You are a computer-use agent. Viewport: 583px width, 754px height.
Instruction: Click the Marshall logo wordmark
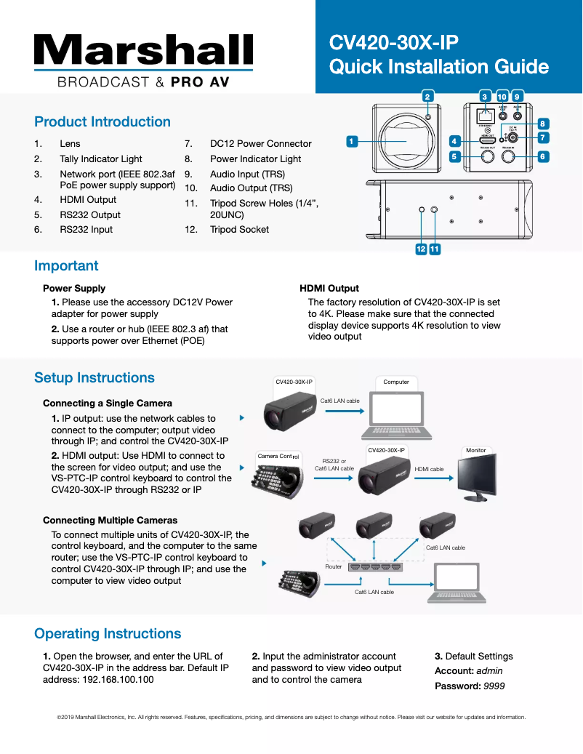pyautogui.click(x=143, y=49)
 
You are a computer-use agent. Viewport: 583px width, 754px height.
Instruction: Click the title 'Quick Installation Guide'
pyautogui.click(x=438, y=67)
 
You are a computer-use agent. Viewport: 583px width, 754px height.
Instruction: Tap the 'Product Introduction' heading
pyautogui.click(x=102, y=121)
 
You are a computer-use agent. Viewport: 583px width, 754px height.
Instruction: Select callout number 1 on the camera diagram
pyautogui.click(x=352, y=141)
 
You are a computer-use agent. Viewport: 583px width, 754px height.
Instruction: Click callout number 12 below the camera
pyautogui.click(x=421, y=249)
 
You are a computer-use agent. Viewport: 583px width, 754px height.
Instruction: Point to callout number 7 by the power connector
pyautogui.click(x=543, y=137)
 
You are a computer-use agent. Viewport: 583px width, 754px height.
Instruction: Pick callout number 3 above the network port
pyautogui.click(x=484, y=96)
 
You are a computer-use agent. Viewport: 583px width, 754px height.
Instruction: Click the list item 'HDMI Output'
pyautogui.click(x=88, y=199)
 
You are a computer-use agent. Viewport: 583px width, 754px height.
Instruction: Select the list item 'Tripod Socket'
pyautogui.click(x=239, y=229)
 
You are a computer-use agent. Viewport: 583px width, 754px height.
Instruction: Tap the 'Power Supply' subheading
pyautogui.click(x=74, y=288)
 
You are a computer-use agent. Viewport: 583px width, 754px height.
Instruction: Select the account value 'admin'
pyautogui.click(x=489, y=670)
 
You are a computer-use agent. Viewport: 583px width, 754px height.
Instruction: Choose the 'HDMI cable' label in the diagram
pyautogui.click(x=429, y=469)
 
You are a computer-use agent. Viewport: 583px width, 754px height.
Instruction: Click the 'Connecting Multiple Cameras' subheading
pyautogui.click(x=110, y=520)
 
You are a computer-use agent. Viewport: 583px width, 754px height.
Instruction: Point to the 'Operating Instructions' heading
pyautogui.click(x=108, y=633)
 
